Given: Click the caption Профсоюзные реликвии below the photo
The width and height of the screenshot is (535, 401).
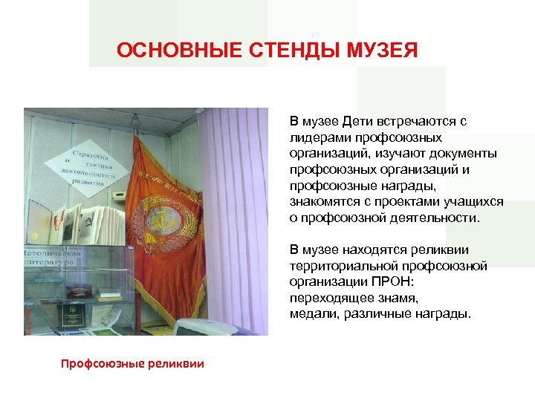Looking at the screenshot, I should click(132, 363).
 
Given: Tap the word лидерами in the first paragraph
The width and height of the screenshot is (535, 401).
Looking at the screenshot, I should click(314, 138).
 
